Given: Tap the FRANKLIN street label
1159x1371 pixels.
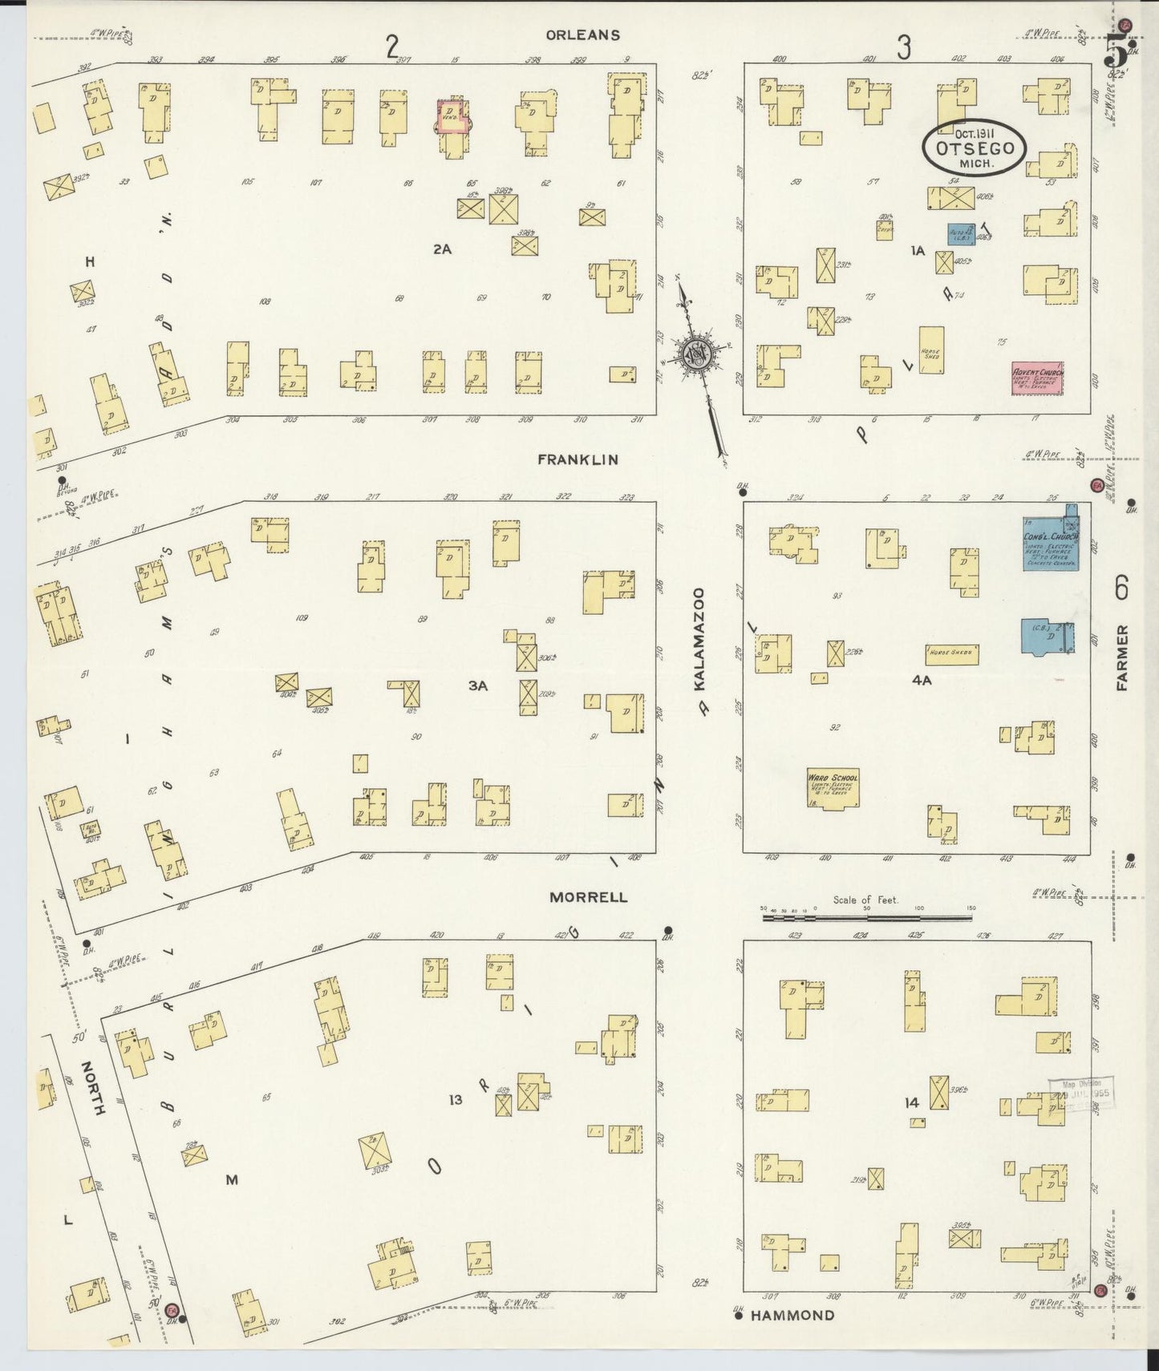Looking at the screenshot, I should coord(577,459).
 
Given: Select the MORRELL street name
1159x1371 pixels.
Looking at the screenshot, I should coord(588,897).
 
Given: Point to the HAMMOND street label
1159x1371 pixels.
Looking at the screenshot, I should coord(793,1315).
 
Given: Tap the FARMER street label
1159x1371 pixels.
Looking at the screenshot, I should coord(1122,657).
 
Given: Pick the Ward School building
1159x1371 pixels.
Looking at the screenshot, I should coord(833,787).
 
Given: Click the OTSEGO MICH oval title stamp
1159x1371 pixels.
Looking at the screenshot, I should coord(974,148).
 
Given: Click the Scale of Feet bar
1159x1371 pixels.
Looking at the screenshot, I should coord(866,913).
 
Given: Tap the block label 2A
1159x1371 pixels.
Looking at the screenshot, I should coord(442,249).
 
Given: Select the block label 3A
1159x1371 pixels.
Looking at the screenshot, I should coord(478,685).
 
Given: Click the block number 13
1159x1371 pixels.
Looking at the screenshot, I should coord(456,1100).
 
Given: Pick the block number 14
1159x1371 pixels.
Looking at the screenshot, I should coord(911,1103).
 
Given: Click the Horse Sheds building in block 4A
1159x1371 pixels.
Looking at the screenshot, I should coord(950,653).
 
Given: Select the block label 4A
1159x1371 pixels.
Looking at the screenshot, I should coord(922,681).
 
